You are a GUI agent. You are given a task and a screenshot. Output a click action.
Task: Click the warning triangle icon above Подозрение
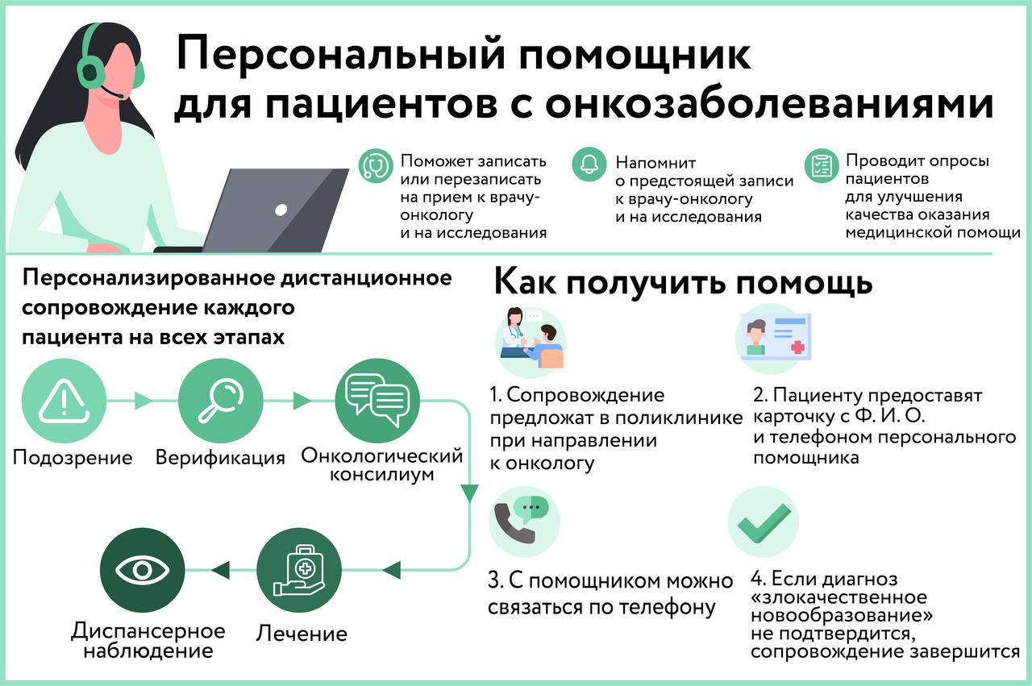(64, 401)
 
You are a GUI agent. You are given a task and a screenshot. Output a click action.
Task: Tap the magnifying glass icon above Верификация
(221, 401)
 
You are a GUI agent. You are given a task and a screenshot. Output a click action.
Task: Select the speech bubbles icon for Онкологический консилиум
(377, 400)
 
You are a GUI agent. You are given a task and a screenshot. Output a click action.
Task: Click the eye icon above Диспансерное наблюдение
(143, 571)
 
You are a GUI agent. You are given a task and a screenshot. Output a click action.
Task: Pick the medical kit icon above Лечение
(298, 571)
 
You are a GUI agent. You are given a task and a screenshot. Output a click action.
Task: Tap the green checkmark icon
(764, 522)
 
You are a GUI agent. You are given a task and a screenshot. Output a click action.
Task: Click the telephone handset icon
(514, 523)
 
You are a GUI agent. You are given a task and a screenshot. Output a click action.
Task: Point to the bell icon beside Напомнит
(589, 164)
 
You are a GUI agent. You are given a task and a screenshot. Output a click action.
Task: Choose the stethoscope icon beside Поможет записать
(376, 166)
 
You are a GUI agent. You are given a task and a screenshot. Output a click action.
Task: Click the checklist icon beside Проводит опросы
(822, 165)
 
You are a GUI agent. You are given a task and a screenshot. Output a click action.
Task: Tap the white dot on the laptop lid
(281, 210)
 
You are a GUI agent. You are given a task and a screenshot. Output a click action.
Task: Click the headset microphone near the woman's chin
(113, 91)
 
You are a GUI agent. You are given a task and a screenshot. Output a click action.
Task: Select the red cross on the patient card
(797, 347)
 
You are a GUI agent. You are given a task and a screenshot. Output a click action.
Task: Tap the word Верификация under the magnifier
(220, 458)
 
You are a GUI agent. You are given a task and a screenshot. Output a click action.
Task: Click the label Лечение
(302, 634)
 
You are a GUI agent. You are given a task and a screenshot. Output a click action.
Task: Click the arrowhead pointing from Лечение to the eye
(221, 571)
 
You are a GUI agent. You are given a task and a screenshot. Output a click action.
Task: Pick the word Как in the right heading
(525, 281)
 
